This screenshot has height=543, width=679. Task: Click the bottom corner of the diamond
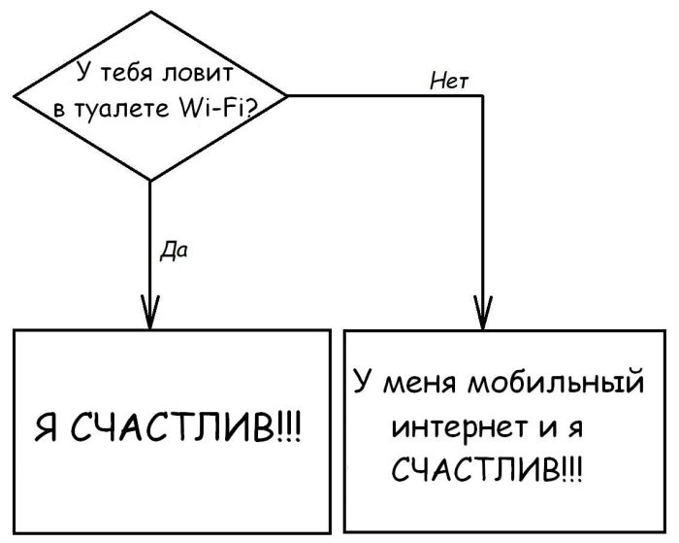tap(150, 181)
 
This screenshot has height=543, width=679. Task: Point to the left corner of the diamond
tap(13, 95)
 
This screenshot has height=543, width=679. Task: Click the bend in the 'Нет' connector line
tap(482, 96)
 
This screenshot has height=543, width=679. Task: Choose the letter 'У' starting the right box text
tap(362, 381)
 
